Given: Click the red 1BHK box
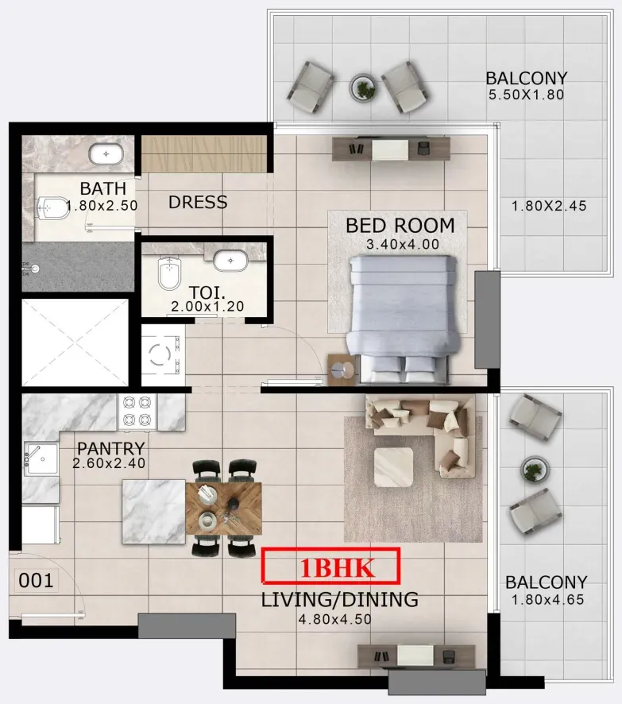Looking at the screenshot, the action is click(330, 567).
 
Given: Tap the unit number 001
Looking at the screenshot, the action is click(36, 581).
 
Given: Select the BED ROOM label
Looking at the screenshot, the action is click(400, 226).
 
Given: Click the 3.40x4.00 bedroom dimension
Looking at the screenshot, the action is click(403, 245).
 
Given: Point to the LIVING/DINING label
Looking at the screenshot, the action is click(340, 600).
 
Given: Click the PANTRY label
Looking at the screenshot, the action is click(111, 448).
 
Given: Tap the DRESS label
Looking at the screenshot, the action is click(198, 203).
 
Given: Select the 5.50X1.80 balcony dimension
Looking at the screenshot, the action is click(527, 95).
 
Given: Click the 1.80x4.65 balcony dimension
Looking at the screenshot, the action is click(548, 600).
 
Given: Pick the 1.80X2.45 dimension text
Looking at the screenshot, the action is click(549, 206).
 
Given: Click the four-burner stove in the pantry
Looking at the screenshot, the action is click(137, 412).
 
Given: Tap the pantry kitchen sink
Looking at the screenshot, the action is click(41, 458).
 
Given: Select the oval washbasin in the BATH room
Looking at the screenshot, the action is click(106, 154).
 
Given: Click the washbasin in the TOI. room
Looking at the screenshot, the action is click(230, 261).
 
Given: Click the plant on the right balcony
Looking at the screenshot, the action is click(534, 469).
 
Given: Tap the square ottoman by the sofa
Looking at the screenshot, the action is click(393, 467).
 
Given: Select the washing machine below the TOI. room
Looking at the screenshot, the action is click(163, 354).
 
